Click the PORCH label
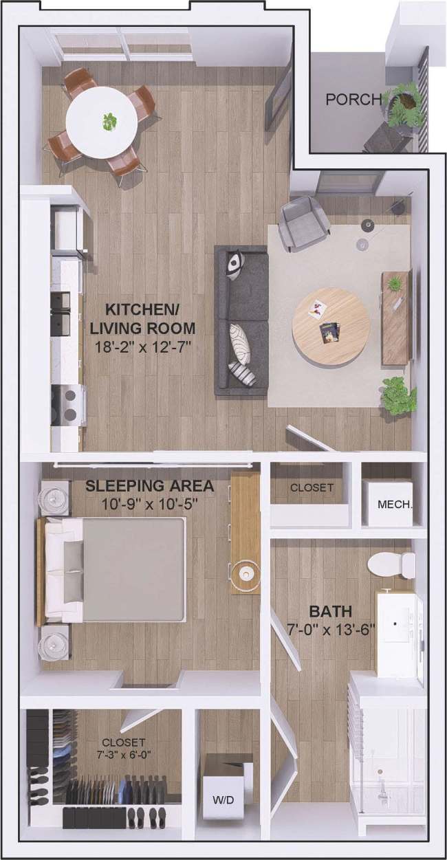coord(353,100)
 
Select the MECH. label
coord(395,504)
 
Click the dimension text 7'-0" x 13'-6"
coord(331,630)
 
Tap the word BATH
coord(331,611)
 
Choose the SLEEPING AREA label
coord(149,487)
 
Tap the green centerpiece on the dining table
coord(109,122)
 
